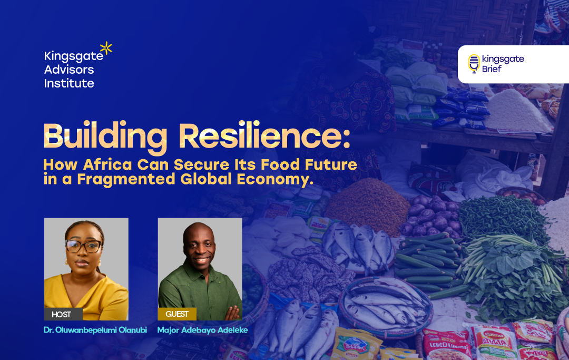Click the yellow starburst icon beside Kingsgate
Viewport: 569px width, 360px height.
coord(106,48)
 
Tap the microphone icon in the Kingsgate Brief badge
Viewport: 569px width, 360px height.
coord(474,63)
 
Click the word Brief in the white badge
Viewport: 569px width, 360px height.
coord(492,69)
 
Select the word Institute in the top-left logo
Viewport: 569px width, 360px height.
coord(69,83)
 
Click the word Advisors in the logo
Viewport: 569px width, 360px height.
coord(69,70)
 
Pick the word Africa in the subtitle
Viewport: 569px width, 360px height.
coord(107,164)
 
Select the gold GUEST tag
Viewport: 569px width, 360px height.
coord(177,314)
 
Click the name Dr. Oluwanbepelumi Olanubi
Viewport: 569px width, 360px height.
coord(95,330)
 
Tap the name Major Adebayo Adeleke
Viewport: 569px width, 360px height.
coord(202,330)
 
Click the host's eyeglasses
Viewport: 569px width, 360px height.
coord(83,246)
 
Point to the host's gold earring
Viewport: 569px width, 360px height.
coord(67,261)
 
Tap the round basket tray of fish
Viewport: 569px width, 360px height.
coord(385,307)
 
